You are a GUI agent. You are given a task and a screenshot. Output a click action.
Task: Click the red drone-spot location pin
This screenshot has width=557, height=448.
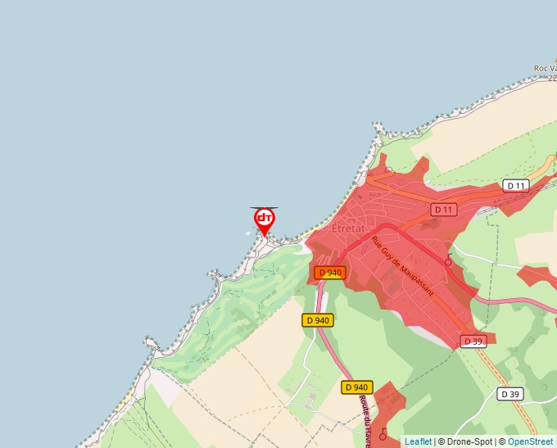(264, 220)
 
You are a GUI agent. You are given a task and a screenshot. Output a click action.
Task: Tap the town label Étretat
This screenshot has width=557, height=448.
(348, 229)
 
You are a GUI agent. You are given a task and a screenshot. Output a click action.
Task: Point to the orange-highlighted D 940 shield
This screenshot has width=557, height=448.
(329, 273)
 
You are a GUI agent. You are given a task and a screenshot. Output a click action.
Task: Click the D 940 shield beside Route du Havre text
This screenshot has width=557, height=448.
(358, 387)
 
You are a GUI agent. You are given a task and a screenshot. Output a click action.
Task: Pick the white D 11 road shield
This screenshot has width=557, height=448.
(515, 186)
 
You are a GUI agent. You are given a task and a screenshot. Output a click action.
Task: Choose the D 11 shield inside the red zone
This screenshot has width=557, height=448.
(443, 210)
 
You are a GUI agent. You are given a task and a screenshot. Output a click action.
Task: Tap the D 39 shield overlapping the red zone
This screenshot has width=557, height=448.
(473, 342)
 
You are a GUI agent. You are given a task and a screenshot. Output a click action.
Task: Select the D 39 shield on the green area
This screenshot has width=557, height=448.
(510, 394)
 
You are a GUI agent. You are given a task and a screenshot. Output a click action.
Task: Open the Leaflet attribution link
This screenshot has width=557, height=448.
(418, 441)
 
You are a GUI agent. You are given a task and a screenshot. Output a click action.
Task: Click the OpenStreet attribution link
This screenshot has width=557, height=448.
(530, 441)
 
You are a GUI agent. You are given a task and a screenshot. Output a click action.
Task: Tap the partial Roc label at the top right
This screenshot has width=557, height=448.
(545, 69)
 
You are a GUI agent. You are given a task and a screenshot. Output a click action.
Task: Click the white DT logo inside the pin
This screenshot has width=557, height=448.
(264, 218)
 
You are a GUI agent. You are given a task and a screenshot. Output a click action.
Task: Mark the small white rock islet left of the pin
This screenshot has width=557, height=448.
(248, 232)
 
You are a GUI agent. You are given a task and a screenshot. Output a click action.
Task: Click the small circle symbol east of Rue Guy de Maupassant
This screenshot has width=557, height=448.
(448, 262)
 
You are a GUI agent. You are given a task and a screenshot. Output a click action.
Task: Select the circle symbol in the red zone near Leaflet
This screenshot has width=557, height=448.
(383, 436)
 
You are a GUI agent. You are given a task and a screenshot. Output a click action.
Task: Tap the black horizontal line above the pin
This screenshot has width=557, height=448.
(264, 208)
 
